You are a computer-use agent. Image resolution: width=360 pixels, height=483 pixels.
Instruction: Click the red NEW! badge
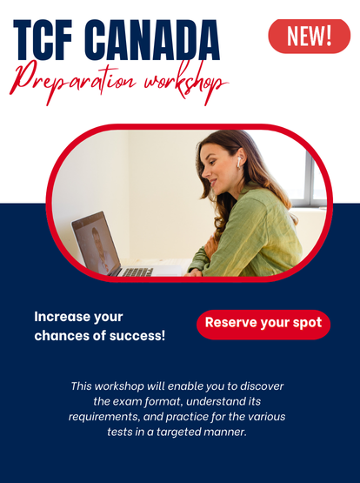coord(310,37)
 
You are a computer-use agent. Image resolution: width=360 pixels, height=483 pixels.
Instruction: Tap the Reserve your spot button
coord(263,325)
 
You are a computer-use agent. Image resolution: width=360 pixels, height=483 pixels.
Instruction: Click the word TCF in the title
coord(43,40)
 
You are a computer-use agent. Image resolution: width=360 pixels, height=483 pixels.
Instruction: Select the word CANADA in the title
coord(152,40)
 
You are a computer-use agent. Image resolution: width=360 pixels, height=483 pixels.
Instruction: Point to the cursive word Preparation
coord(74,81)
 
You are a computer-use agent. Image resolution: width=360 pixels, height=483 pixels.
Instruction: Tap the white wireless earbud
coord(239,162)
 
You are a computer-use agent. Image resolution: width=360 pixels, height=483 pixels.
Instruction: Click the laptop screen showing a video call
coord(96,244)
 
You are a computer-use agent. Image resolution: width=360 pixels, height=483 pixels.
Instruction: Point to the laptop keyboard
coord(137,272)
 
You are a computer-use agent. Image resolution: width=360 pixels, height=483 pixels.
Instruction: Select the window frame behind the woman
coord(310,178)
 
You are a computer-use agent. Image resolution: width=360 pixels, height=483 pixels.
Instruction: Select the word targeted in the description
coord(178,432)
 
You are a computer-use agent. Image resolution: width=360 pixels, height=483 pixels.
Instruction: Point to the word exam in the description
coord(127,402)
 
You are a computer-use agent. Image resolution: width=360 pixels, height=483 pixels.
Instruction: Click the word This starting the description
coord(81,386)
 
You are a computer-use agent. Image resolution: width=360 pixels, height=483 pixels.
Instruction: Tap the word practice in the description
coord(187,417)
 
